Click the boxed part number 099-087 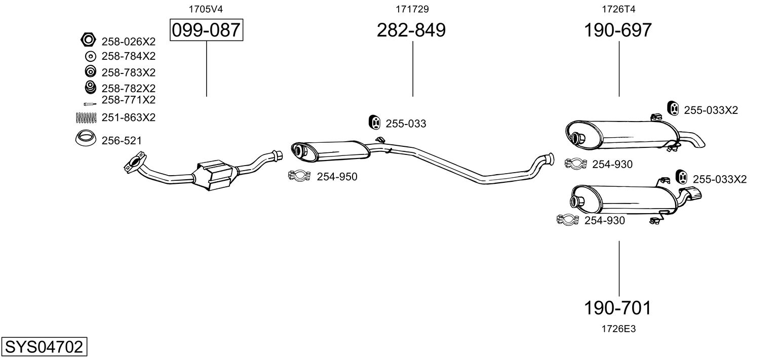pos(206,30)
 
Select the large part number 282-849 pos(411,30)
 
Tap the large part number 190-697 pos(618,30)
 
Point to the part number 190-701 pos(618,307)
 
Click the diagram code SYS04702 pos(44,347)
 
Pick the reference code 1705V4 pos(206,9)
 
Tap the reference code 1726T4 pos(618,9)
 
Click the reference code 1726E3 pos(618,329)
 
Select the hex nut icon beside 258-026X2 pos(88,39)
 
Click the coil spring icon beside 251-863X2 pos(86,117)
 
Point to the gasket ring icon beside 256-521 pos(86,138)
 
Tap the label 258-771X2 pos(128,100)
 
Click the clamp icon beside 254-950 pos(299,176)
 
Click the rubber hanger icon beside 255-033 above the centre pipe pos(374,123)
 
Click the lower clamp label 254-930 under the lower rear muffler pos(604,221)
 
